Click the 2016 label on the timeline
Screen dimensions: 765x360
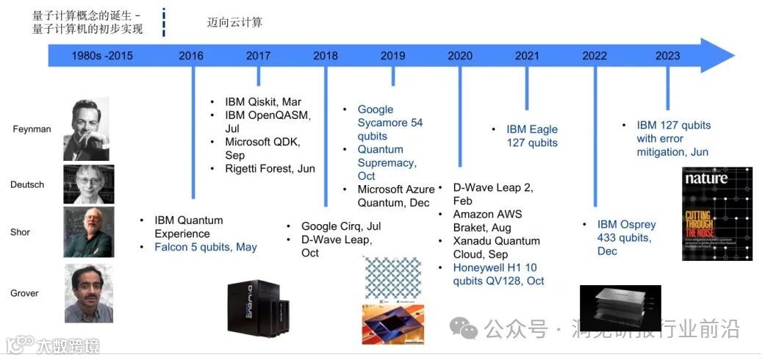pyautogui.click(x=191, y=55)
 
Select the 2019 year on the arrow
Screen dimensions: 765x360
pyautogui.click(x=392, y=55)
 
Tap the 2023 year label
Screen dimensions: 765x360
pyautogui.click(x=667, y=55)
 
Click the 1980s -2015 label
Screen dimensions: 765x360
pyautogui.click(x=102, y=55)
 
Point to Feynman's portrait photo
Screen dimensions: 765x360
pyautogui.click(x=86, y=129)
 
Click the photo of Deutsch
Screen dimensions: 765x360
pyautogui.click(x=88, y=184)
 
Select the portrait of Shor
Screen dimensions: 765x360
pyautogui.click(x=88, y=232)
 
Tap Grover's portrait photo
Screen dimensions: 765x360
pyautogui.click(x=88, y=293)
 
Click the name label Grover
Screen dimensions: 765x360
pyautogui.click(x=24, y=293)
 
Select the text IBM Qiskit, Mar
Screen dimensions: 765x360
pyautogui.click(x=263, y=102)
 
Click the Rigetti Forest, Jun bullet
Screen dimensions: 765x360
pyautogui.click(x=270, y=169)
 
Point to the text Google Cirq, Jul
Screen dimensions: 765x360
pyautogui.click(x=341, y=226)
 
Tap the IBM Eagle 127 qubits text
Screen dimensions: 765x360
pyautogui.click(x=532, y=136)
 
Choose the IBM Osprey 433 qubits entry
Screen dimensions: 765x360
pyautogui.click(x=626, y=237)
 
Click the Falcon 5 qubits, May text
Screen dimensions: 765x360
pyautogui.click(x=205, y=247)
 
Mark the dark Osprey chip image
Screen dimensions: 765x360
pyautogui.click(x=620, y=308)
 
